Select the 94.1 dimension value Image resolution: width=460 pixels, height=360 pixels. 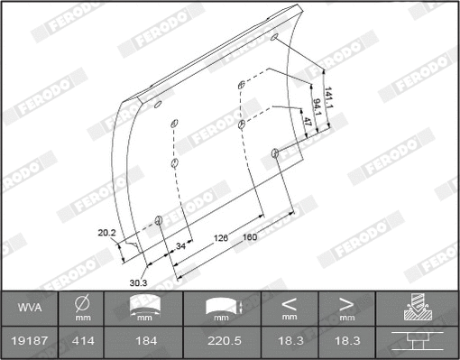point(320,109)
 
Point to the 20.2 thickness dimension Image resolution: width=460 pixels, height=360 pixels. point(106,233)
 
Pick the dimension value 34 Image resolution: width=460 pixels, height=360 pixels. point(180,245)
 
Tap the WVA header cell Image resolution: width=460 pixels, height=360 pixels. point(30,309)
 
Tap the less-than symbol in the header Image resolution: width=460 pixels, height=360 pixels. point(289,304)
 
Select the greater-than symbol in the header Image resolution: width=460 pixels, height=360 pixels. point(346,304)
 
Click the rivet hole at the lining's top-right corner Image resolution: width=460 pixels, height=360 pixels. point(274,39)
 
